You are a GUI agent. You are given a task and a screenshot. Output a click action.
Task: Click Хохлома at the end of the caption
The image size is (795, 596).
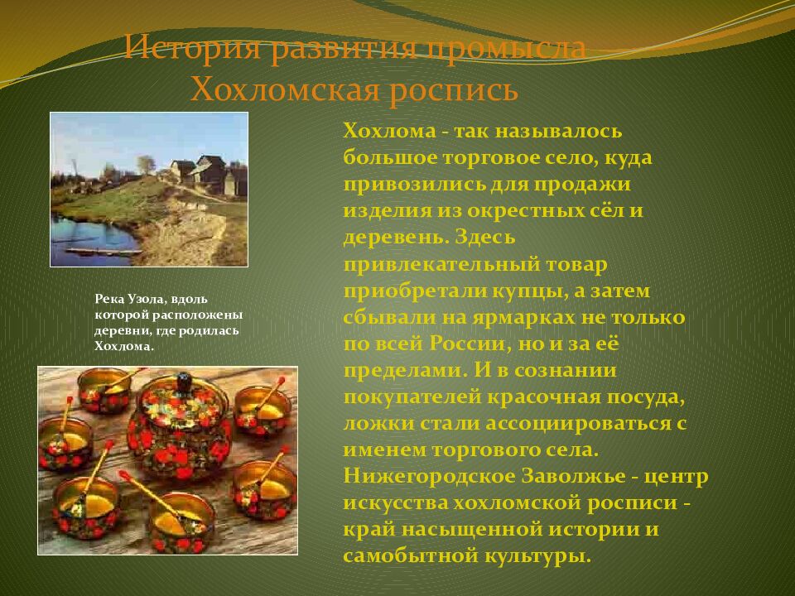[124, 346]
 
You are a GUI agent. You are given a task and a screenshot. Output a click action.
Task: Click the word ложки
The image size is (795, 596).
[371, 424]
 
